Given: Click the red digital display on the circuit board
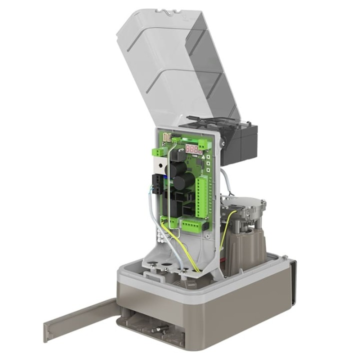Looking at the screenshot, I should click(x=193, y=148).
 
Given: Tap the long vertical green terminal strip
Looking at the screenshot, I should click(x=202, y=198).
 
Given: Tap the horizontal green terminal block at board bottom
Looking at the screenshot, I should click(x=190, y=225).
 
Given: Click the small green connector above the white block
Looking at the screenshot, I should click(x=159, y=151).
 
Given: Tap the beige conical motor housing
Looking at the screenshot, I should click(x=245, y=245).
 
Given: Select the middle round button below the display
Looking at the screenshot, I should click(x=206, y=163).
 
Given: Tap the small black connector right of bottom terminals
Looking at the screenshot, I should click(x=204, y=226).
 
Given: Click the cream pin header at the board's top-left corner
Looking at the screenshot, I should click(x=167, y=136).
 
